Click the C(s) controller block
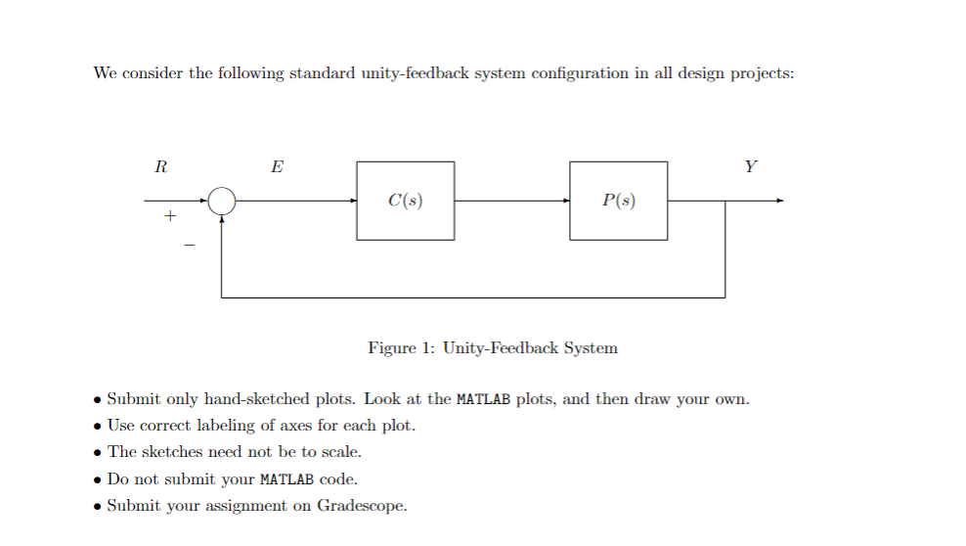click(405, 201)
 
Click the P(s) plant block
click(619, 201)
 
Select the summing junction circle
click(222, 202)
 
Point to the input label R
click(160, 166)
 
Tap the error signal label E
click(277, 166)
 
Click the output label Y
click(750, 166)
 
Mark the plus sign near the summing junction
click(169, 217)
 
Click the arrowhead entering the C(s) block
click(352, 202)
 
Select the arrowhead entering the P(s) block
click(565, 202)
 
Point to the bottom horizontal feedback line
click(473, 296)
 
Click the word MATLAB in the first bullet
click(484, 399)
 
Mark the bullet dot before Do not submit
click(97, 479)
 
